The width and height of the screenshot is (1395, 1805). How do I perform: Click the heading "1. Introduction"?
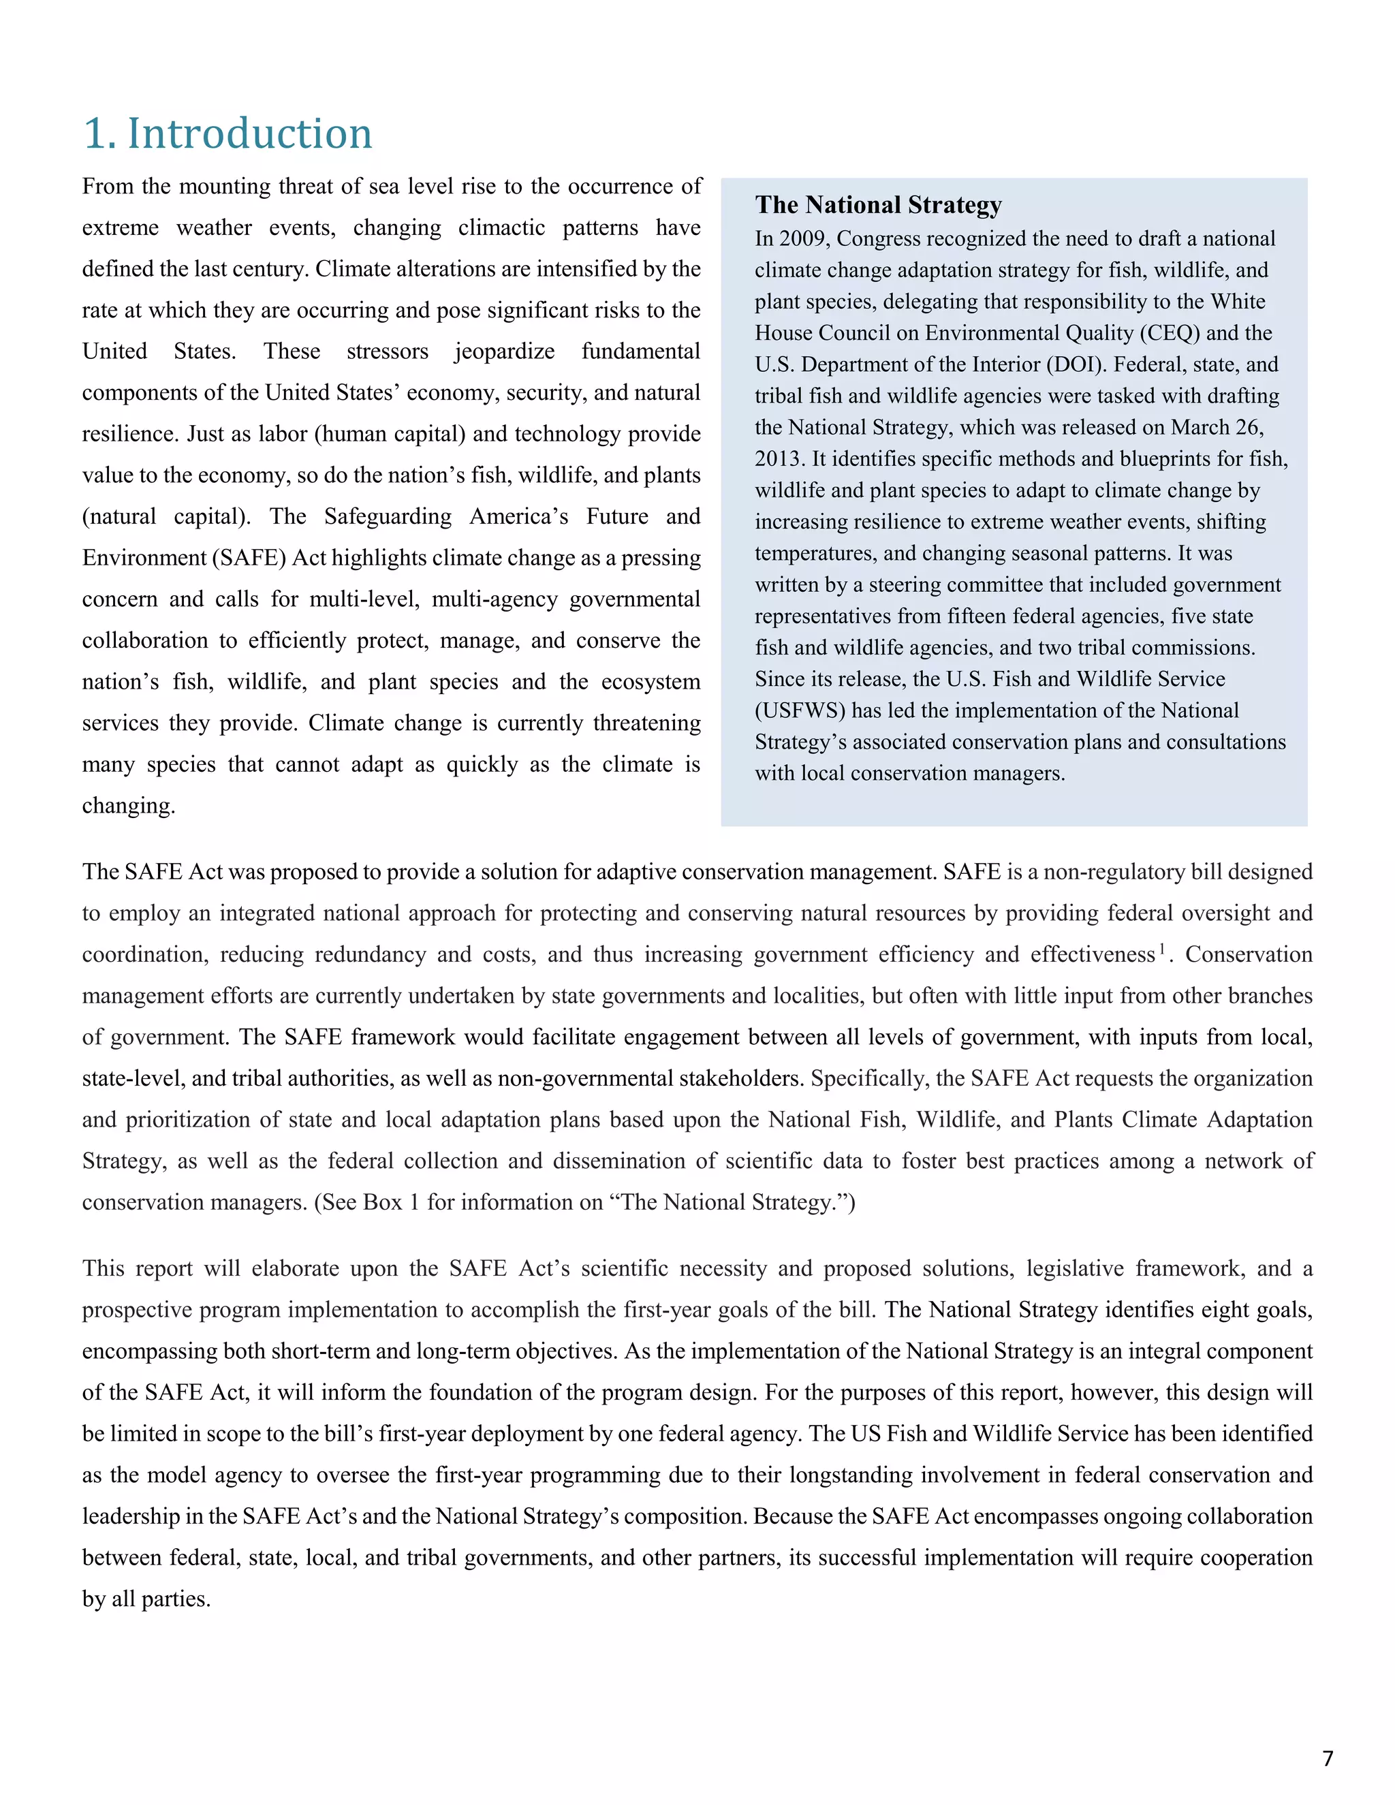point(228,134)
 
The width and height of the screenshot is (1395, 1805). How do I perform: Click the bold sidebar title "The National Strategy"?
point(877,204)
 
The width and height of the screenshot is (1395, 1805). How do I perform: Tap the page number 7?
point(1328,1758)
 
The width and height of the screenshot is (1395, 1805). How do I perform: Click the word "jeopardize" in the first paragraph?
point(504,351)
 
